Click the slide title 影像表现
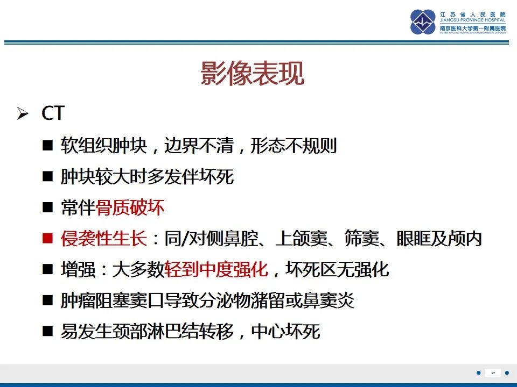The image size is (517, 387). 253,74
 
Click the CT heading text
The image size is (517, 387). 53,113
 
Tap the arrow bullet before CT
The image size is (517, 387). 22,114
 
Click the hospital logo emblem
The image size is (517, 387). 423,22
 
